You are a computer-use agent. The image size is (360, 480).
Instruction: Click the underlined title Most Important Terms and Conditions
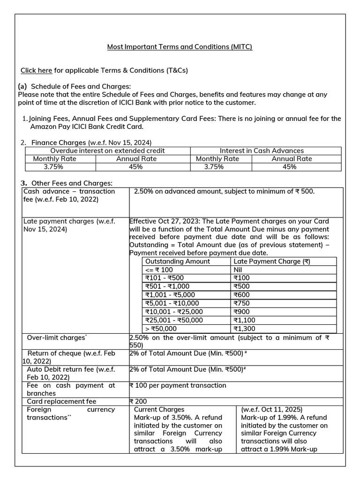[x=180, y=47]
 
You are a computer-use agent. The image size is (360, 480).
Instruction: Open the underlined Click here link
[x=36, y=70]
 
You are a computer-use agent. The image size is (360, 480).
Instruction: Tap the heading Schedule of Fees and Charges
[x=81, y=86]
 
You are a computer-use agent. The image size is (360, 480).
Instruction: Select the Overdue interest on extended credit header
[x=107, y=150]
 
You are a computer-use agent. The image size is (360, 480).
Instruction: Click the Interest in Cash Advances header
[x=262, y=150]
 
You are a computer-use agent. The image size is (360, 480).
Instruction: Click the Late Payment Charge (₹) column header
[x=271, y=261]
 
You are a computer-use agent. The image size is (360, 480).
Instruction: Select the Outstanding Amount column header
[x=178, y=261]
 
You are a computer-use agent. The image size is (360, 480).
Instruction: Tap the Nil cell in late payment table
[x=238, y=270]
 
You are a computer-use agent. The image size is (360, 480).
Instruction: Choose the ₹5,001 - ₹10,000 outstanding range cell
[x=172, y=303]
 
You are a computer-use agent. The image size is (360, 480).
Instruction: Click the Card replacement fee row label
[x=61, y=401]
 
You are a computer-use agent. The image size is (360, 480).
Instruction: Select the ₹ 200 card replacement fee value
[x=138, y=401]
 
